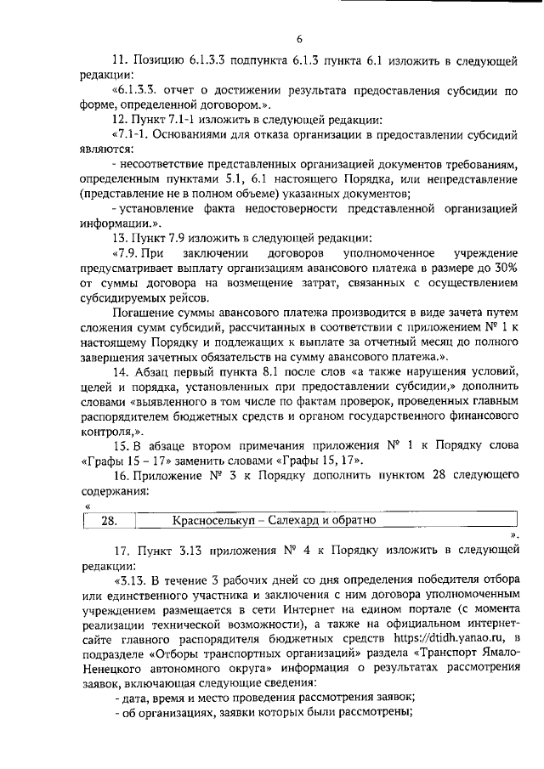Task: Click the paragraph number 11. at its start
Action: coord(122,62)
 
